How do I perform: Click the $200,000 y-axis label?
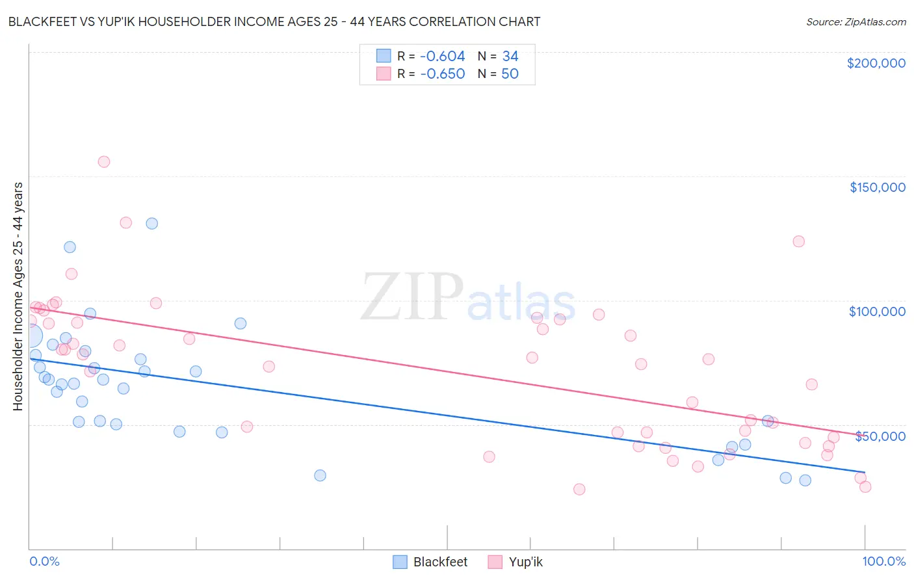tap(876, 63)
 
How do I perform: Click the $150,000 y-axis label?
tap(877, 187)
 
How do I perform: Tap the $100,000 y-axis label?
tap(877, 311)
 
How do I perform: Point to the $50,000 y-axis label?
tap(880, 436)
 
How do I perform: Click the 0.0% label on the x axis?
tap(44, 561)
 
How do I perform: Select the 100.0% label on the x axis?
tap(883, 561)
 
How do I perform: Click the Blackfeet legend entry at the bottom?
tap(440, 562)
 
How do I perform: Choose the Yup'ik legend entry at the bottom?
tap(525, 562)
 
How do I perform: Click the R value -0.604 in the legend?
tap(442, 57)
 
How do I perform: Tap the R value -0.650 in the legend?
tap(442, 74)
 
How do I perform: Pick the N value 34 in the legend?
tap(510, 57)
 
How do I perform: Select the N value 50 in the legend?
tap(510, 74)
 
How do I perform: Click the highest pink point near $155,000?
tap(104, 162)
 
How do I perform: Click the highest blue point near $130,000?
tap(152, 224)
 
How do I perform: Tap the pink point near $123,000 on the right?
tap(799, 242)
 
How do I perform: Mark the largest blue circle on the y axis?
tap(31, 336)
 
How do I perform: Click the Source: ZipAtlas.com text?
tap(855, 22)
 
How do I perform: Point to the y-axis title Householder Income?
tap(18, 296)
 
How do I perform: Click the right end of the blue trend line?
tap(865, 471)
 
